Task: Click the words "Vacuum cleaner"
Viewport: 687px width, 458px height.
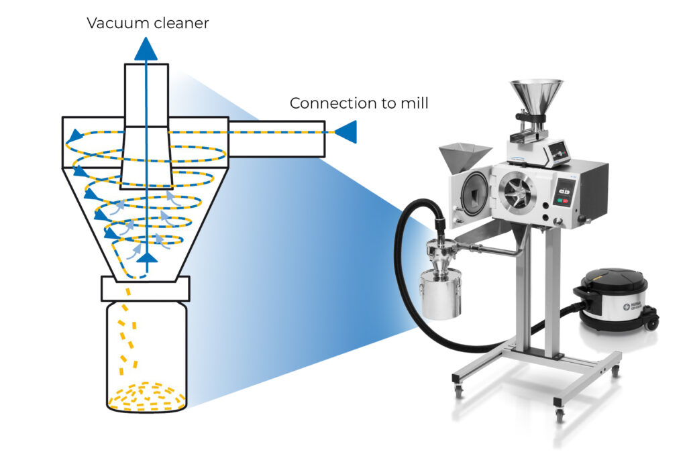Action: (x=148, y=23)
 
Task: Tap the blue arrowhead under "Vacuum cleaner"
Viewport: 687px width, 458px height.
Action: (x=146, y=49)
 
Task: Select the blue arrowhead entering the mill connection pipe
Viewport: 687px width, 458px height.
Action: (x=346, y=132)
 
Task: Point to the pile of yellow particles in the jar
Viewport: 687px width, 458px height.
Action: (x=146, y=395)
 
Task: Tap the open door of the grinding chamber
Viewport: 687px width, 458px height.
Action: (x=472, y=191)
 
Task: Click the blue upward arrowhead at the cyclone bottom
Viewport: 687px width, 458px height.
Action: (x=147, y=256)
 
